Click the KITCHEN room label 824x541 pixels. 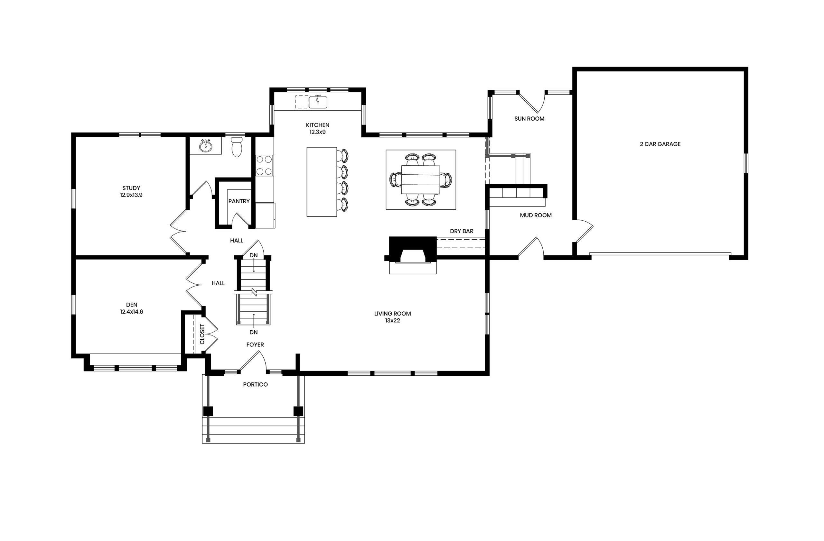(x=317, y=125)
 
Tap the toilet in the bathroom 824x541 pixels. (x=237, y=147)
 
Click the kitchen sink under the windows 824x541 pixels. (x=318, y=102)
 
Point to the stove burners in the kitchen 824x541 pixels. (x=265, y=165)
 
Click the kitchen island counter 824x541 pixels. (x=322, y=182)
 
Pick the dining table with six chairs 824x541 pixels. (x=421, y=179)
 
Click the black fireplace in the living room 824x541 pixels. (x=412, y=249)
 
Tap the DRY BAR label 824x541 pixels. (x=462, y=231)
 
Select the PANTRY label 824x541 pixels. (x=239, y=201)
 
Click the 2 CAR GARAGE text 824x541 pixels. (x=660, y=144)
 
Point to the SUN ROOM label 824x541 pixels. (x=529, y=119)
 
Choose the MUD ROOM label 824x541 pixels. (x=536, y=215)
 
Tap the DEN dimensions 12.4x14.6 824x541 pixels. (x=132, y=312)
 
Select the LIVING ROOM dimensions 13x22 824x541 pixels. (x=393, y=320)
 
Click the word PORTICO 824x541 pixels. (x=255, y=384)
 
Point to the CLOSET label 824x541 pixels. (x=202, y=334)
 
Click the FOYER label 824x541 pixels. (x=255, y=344)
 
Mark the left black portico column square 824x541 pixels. (x=208, y=411)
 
